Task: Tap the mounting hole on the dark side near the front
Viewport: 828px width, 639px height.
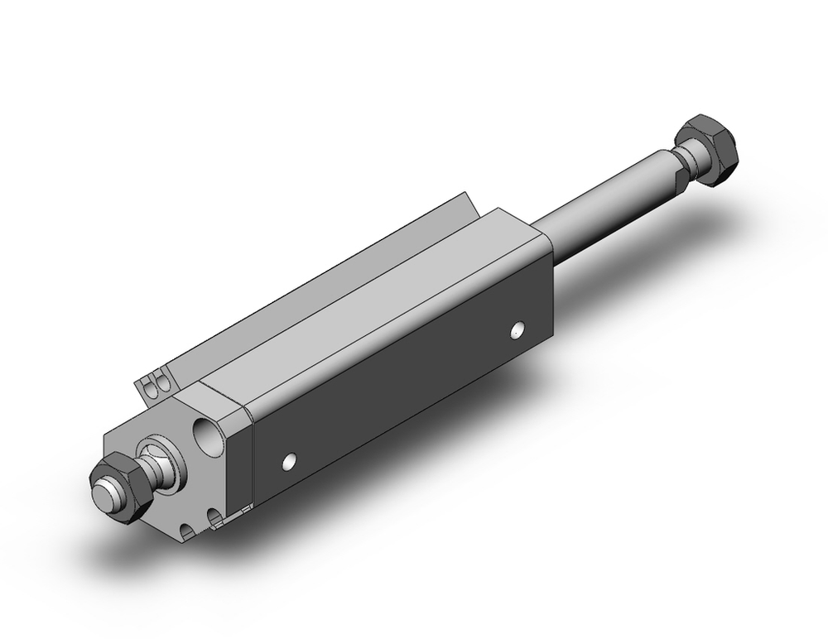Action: [x=289, y=460]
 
